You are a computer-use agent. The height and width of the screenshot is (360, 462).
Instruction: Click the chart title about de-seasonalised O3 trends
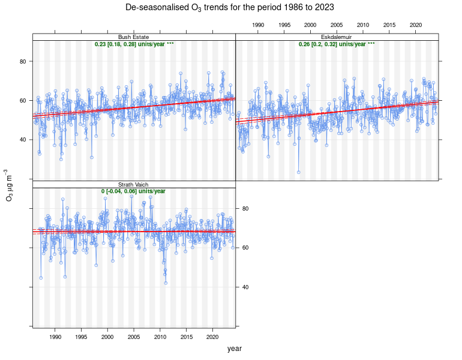[x=230, y=7]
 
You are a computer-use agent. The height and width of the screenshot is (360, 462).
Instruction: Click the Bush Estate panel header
[x=133, y=37]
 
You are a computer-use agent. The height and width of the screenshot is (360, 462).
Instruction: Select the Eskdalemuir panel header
[x=337, y=37]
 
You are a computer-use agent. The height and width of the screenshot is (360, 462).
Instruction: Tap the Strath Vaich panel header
[x=133, y=184]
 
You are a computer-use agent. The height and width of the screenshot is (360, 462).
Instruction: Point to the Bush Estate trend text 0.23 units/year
[x=134, y=44]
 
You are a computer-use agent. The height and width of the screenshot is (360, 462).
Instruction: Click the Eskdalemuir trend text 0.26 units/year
[x=337, y=44]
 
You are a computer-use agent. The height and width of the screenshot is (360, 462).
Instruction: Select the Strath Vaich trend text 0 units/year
[x=133, y=191]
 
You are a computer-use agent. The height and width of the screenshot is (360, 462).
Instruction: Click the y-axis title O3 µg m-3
[x=9, y=184]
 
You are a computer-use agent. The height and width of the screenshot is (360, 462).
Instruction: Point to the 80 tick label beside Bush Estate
[x=23, y=61]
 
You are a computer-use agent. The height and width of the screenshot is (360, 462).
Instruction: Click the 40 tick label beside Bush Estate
[x=23, y=140]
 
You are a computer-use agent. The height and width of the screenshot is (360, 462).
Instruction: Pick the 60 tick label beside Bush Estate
[x=23, y=101]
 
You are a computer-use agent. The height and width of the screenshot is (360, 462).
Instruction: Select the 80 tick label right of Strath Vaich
[x=245, y=208]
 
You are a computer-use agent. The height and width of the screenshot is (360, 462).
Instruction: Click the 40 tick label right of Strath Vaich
[x=245, y=287]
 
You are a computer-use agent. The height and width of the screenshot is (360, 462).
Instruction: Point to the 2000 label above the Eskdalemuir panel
[x=310, y=25]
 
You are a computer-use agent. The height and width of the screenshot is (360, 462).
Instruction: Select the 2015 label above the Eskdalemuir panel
[x=389, y=25]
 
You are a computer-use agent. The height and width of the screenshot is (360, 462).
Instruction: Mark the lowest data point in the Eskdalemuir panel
[x=298, y=172]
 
